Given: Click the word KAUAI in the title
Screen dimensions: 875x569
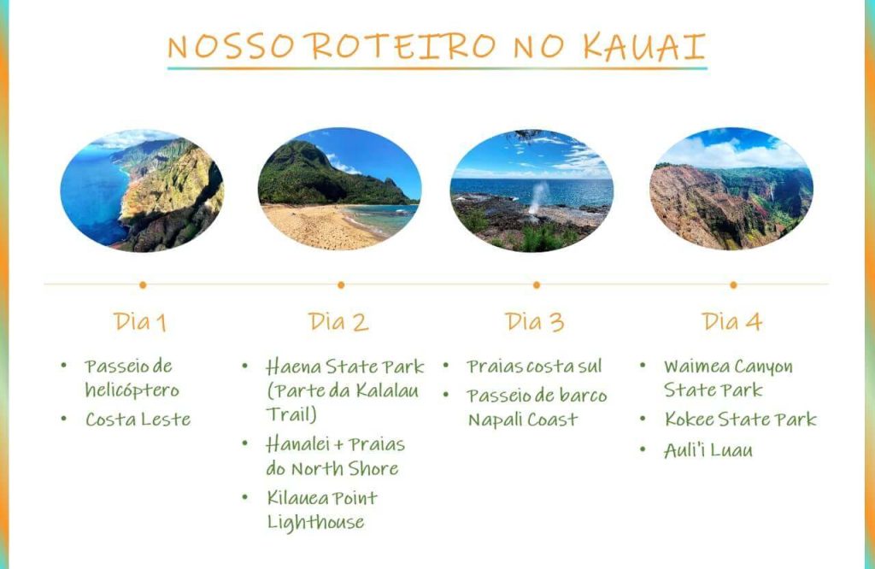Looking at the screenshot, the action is [x=644, y=46].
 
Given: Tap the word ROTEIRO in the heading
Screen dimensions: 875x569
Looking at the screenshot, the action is [x=403, y=46].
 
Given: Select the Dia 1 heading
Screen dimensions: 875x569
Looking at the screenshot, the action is [x=140, y=322].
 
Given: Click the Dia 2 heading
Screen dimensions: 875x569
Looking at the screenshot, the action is [x=338, y=322].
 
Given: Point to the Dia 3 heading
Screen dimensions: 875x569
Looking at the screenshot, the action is [x=535, y=322].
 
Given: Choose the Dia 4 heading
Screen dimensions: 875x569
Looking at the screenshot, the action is [x=731, y=322].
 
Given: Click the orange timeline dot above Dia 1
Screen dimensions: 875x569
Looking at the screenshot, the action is [x=143, y=285].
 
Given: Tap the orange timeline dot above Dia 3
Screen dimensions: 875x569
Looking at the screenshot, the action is [x=537, y=285].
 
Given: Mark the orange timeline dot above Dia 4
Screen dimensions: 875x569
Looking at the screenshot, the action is [x=733, y=285].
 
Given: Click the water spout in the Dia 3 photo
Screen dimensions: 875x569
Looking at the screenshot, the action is [x=538, y=198].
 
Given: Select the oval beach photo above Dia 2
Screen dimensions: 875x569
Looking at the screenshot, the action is [x=339, y=189].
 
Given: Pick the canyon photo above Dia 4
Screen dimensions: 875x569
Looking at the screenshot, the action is [x=731, y=189].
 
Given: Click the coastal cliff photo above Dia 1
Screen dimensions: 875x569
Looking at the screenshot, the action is [x=143, y=191].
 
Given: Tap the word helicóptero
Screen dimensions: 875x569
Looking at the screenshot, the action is [x=132, y=390].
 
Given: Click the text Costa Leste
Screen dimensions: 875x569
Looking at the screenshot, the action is [x=138, y=419].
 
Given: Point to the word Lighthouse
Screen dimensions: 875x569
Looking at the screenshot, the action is [x=316, y=522].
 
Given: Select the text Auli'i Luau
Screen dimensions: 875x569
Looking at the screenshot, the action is [x=708, y=450].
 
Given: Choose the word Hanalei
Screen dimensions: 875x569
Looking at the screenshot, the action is [x=297, y=444].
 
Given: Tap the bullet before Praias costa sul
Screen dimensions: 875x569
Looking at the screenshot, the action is [x=446, y=366].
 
